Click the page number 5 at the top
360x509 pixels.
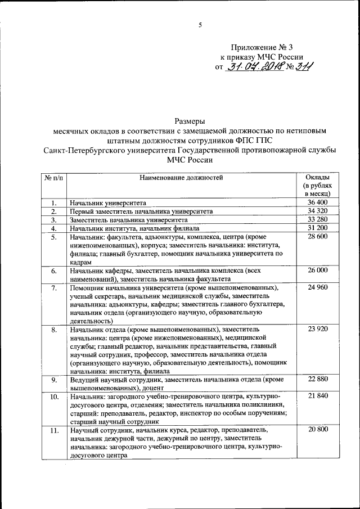click(200, 24)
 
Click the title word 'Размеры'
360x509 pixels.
click(189, 120)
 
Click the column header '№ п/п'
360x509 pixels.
click(53, 178)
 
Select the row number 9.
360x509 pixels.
click(53, 381)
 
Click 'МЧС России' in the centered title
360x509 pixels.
click(189, 160)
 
